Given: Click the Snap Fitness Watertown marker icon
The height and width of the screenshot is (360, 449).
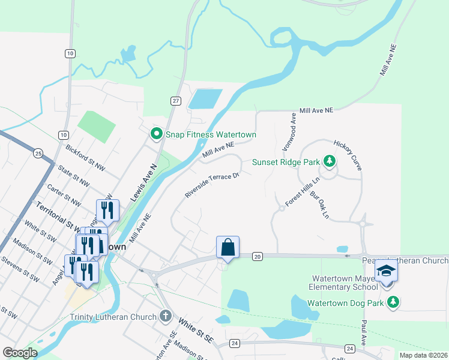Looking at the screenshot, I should [x=157, y=133].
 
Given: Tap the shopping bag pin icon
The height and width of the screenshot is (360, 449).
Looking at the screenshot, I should [x=228, y=247].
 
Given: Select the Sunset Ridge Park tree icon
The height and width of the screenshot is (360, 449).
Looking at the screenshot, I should [x=329, y=161].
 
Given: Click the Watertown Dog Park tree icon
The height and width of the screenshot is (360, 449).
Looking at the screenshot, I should [x=393, y=302].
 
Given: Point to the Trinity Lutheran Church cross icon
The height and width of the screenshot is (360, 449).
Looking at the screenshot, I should [x=166, y=316].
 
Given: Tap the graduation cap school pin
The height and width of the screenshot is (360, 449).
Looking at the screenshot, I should [x=387, y=271].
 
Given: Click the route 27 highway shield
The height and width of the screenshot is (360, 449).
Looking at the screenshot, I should [x=175, y=101].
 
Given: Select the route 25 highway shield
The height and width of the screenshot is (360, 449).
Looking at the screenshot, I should [x=38, y=154].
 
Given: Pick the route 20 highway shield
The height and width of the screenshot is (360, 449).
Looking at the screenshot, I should [x=258, y=257].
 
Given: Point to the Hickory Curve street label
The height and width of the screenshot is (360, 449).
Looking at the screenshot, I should [x=348, y=155].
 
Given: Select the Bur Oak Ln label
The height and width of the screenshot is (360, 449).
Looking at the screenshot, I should [x=319, y=205].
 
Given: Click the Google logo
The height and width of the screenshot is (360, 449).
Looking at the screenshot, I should [x=20, y=353].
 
